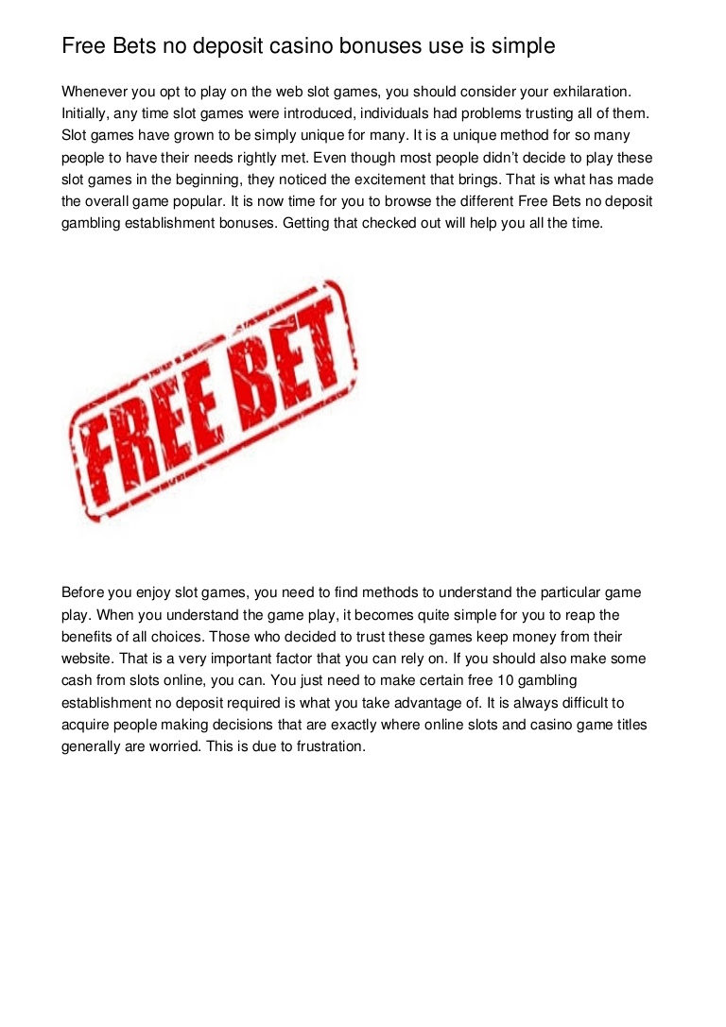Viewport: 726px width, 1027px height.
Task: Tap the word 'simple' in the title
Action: (x=521, y=45)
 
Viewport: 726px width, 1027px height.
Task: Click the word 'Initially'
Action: (x=91, y=113)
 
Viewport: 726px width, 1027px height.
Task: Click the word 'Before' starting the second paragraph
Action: (x=83, y=592)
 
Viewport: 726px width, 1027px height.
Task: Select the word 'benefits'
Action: (x=91, y=637)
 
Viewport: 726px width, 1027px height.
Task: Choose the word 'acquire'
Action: (x=86, y=725)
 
